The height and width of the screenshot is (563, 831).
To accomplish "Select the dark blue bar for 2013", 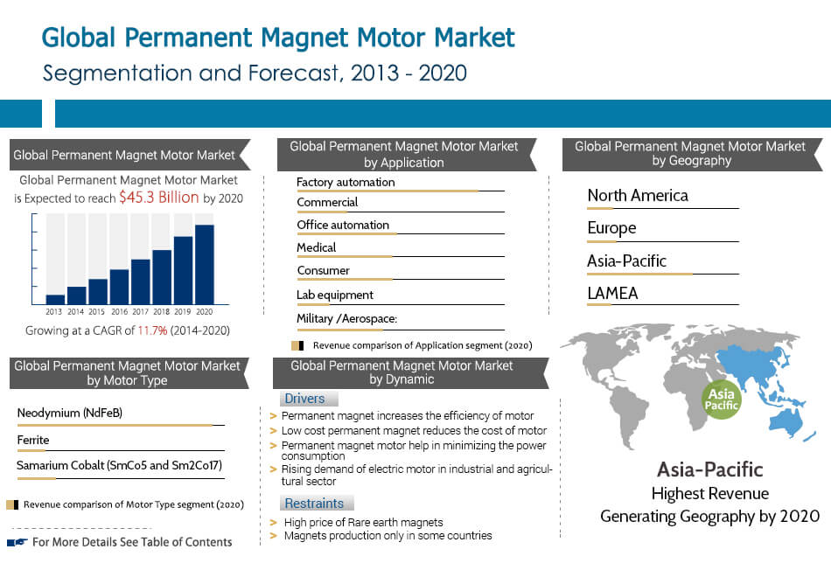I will (55, 299).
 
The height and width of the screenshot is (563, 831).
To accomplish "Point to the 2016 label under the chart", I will (119, 311).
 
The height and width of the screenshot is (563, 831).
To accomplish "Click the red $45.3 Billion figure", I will (159, 198).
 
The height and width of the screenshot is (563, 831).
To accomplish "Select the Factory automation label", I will (346, 182).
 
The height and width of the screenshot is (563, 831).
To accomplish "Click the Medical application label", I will (316, 247).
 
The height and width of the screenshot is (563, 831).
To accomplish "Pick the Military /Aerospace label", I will (346, 318).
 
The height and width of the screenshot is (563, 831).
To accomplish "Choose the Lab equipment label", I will (334, 295).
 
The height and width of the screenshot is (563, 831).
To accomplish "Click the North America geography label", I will (638, 195).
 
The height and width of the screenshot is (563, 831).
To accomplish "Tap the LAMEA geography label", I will (612, 293).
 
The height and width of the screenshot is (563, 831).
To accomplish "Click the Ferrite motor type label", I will (33, 440).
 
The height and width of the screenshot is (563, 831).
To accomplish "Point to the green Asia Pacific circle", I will (723, 399).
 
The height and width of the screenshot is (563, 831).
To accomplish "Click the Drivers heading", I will (304, 399).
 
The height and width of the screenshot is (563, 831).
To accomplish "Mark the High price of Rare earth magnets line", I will (363, 522).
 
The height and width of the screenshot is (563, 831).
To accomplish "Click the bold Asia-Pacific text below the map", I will (709, 469).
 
